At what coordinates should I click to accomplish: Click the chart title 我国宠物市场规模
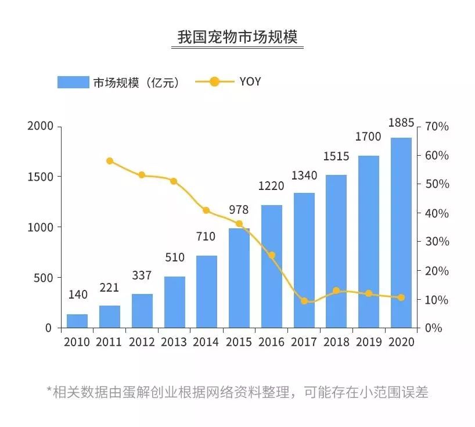pos(237,37)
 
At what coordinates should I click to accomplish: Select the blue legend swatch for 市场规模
pos(73,82)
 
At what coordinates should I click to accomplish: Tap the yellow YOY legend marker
pos(214,81)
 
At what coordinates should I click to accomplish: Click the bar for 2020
pos(401,232)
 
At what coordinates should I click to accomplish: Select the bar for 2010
pos(77,321)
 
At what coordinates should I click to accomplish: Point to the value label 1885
pos(401,123)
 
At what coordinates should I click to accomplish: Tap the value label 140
pos(77,295)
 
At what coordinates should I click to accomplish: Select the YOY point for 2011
pos(110,161)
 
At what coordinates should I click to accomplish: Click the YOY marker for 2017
pos(304,301)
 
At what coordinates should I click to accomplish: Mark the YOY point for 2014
pos(206,210)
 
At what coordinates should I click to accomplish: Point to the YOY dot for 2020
pos(401,297)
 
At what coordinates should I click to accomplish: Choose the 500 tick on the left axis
pos(44,278)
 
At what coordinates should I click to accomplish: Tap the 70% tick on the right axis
pos(437,127)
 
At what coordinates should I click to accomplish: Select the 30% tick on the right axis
pos(437,242)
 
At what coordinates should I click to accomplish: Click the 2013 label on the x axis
pos(174,342)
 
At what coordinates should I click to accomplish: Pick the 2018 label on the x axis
pos(336,342)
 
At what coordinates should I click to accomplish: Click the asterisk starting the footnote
pos(49,391)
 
